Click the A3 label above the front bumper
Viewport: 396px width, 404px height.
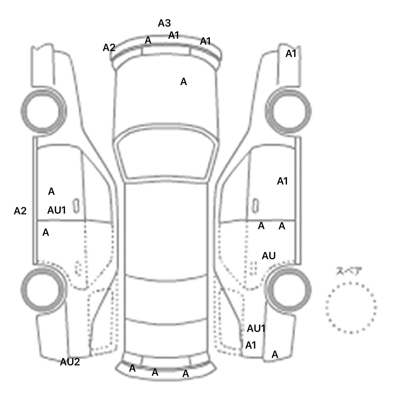coord(164,23)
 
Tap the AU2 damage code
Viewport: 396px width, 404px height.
coord(70,362)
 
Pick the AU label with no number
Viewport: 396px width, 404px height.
coord(269,256)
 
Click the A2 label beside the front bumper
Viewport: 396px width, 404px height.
coord(109,48)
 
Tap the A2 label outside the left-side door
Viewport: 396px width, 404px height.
coord(20,211)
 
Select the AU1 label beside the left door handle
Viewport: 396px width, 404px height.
coord(57,211)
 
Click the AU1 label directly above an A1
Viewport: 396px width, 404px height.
coord(256,329)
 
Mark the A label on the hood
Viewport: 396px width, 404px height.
coord(183,82)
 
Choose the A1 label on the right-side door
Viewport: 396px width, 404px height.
coord(282,181)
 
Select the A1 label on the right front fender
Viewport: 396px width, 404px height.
coord(291,54)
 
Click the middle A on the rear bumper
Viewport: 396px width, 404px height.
coord(155,372)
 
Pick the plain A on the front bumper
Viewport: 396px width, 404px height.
coord(148,40)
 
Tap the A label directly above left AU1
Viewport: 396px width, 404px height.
coord(51,191)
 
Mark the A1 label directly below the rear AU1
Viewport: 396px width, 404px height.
coord(251,345)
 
